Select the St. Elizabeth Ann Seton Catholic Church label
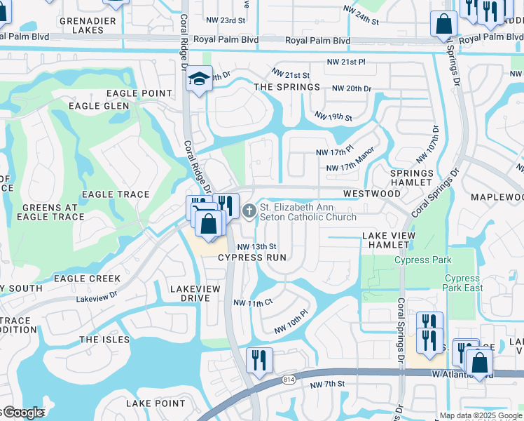(x=308, y=212)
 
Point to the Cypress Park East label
(x=463, y=283)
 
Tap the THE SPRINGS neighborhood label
(x=287, y=87)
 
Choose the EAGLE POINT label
(x=139, y=93)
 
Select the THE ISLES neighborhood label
(x=104, y=340)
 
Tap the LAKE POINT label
(x=156, y=403)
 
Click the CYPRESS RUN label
(x=252, y=258)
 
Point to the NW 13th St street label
(x=257, y=247)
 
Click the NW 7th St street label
(x=329, y=384)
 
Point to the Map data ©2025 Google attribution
(x=481, y=415)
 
